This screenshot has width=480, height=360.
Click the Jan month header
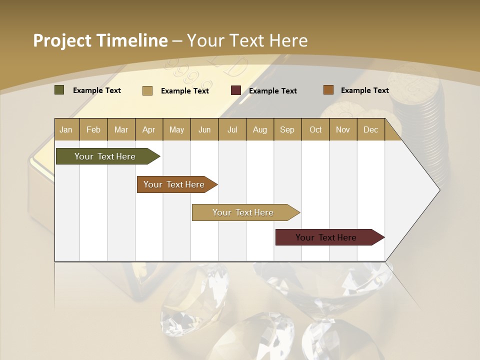[66, 129]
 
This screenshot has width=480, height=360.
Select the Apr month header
[148, 129]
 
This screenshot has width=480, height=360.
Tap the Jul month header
[232, 129]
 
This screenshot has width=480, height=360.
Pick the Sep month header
[287, 129]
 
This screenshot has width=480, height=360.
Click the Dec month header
[370, 129]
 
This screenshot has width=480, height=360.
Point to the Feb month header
[93, 129]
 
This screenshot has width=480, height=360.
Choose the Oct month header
[315, 129]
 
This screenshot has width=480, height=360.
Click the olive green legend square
[59, 90]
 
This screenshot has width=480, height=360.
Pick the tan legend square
[147, 90]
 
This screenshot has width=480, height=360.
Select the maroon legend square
[236, 90]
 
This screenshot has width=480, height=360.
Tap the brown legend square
[328, 90]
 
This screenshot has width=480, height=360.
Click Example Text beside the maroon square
[272, 91]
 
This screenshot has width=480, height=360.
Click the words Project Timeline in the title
[100, 40]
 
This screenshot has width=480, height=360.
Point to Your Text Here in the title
[247, 40]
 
